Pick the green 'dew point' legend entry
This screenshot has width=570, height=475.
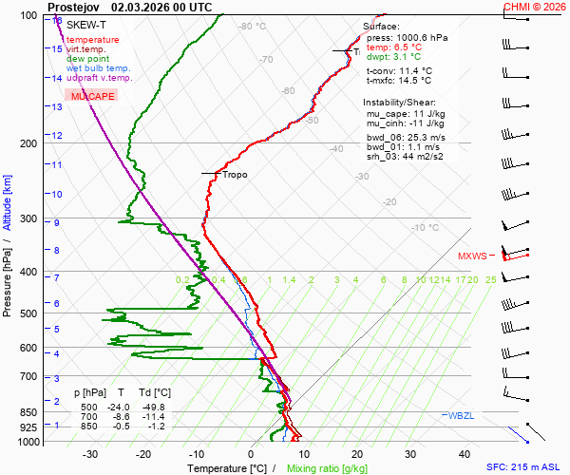click(87, 59)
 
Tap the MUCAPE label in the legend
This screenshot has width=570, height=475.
click(92, 97)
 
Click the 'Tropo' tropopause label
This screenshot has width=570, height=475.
click(235, 175)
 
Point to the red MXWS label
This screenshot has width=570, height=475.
click(472, 256)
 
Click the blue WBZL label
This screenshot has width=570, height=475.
click(460, 415)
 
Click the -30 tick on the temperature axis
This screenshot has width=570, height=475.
click(90, 454)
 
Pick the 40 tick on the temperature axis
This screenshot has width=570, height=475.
click(411, 454)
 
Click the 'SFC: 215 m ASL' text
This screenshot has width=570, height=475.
click(526, 468)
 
